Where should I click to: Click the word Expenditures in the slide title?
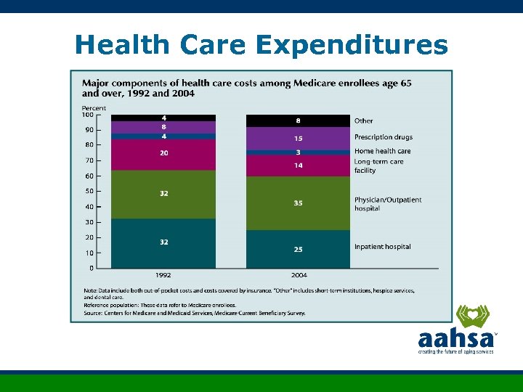(352, 46)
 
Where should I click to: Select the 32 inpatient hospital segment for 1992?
(163, 242)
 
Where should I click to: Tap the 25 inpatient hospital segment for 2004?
(298, 249)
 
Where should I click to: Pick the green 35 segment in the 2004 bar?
(298, 203)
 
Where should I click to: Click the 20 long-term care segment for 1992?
(163, 153)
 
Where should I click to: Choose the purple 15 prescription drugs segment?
(298, 138)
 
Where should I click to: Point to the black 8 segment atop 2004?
(298, 121)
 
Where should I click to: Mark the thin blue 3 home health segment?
(298, 152)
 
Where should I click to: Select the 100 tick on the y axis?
(87, 115)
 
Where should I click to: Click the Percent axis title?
(94, 107)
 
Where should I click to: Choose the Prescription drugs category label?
(383, 136)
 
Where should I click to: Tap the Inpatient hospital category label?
(382, 247)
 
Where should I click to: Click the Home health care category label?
(382, 151)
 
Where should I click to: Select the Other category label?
(363, 121)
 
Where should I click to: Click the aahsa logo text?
(455, 338)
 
